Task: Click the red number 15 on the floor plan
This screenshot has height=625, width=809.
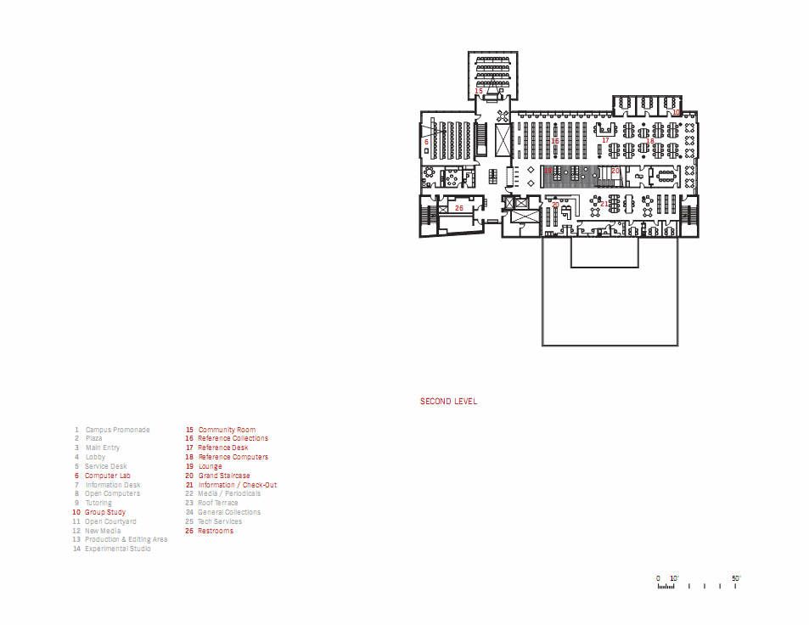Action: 479,91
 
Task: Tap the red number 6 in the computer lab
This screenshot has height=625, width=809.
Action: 426,142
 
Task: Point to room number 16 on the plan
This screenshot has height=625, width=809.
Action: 555,142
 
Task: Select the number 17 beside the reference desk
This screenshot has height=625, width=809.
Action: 605,140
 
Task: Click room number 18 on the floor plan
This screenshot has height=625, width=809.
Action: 650,141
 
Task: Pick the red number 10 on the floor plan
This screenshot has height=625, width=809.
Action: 676,112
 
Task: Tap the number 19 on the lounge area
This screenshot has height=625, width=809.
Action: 548,171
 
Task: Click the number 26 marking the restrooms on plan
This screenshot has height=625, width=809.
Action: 459,208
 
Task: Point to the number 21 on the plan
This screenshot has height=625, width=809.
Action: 604,204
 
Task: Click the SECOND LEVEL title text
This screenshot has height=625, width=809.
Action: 448,402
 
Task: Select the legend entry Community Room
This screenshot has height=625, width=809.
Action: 227,430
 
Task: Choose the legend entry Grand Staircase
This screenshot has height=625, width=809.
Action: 224,476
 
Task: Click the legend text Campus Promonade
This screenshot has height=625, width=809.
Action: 117,430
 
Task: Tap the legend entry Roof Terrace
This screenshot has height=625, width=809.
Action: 218,503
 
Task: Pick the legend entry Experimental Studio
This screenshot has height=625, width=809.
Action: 117,549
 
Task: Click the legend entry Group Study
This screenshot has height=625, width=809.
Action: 105,512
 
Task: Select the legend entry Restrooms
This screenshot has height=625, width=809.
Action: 216,531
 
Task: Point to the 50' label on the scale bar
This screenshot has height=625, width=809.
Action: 736,578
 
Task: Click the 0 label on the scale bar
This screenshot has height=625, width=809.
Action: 658,578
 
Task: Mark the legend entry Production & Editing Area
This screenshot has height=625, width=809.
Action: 126,539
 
